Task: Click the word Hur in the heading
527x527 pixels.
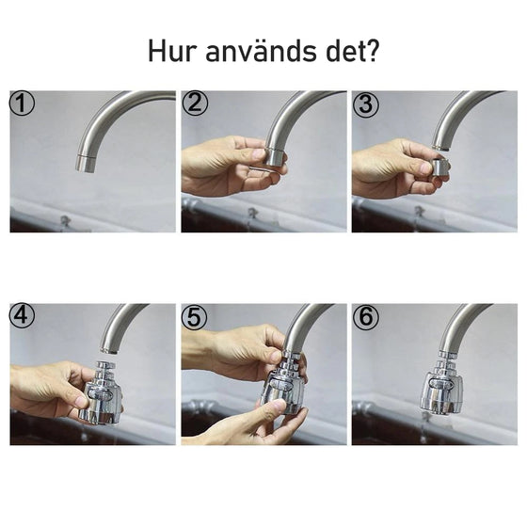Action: tap(170, 51)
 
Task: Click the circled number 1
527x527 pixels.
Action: tap(23, 104)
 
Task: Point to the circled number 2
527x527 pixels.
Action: tap(195, 104)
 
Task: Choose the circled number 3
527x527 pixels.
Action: tap(366, 104)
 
